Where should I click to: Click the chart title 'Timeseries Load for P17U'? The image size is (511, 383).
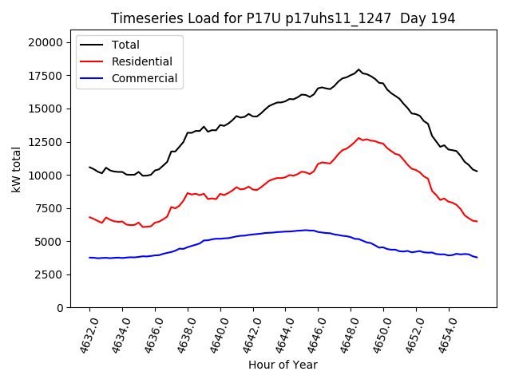click(x=283, y=18)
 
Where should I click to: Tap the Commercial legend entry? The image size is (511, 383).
click(x=145, y=78)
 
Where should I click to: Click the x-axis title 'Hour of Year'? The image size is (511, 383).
click(x=283, y=365)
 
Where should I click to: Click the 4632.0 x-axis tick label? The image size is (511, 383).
click(x=85, y=334)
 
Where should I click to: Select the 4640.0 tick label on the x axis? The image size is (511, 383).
click(x=216, y=334)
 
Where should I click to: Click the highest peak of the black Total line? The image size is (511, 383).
click(x=358, y=70)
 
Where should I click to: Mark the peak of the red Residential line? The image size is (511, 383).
click(x=358, y=138)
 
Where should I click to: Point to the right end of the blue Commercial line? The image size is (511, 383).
click(x=477, y=257)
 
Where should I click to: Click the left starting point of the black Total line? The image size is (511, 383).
click(x=89, y=167)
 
